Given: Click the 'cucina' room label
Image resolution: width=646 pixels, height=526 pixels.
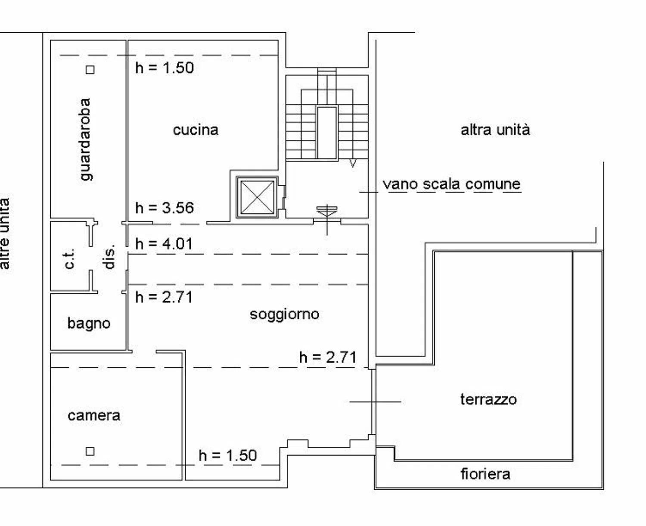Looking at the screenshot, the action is click(196, 130).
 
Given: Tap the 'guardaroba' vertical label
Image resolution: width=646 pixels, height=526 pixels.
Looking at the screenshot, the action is click(85, 140).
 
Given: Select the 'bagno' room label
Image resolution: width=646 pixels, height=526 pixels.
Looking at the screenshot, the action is click(89, 324).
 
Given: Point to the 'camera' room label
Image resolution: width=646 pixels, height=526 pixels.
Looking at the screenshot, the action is click(94, 416).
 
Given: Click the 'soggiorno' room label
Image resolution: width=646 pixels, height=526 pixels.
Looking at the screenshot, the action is click(285, 314).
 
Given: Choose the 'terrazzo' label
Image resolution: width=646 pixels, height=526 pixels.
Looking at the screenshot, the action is click(488, 399).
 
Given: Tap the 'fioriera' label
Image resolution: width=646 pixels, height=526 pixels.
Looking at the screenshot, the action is click(485, 474).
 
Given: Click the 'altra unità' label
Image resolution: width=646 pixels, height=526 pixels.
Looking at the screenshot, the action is click(495, 130).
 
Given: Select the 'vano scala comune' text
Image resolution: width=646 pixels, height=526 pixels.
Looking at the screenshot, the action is click(452, 184).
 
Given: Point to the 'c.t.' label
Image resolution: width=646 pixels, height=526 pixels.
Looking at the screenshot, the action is click(70, 259).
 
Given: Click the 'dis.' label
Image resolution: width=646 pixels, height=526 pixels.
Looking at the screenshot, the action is click(109, 257).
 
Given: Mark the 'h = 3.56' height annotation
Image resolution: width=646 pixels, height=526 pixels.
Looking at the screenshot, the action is click(165, 208).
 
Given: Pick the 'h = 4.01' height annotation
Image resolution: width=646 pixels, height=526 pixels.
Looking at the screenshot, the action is click(164, 244).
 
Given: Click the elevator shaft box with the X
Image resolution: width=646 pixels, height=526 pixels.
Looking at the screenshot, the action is click(257, 197).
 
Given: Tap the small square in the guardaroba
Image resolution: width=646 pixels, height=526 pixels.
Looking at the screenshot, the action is click(90, 70).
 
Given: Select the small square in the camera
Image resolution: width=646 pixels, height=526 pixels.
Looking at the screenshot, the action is click(90, 451).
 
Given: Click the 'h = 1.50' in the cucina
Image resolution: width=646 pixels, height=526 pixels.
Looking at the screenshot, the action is click(165, 68).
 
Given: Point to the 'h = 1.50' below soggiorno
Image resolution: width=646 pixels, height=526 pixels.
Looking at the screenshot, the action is click(228, 455).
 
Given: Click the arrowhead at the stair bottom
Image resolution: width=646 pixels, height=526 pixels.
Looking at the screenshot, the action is click(352, 164).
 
